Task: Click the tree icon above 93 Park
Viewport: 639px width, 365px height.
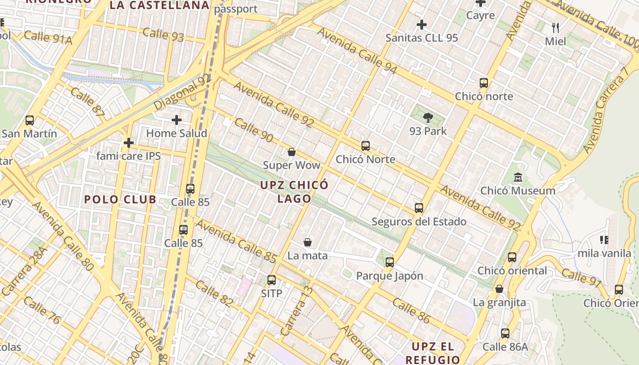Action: tap(428, 118)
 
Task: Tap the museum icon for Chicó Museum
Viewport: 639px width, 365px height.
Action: tap(518, 177)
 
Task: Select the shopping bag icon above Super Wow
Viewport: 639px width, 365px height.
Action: tap(292, 152)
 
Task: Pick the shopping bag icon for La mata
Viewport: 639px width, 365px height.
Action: tap(308, 242)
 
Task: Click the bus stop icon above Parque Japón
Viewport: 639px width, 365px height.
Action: tap(389, 262)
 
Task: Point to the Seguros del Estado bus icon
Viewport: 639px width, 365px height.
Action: tap(419, 209)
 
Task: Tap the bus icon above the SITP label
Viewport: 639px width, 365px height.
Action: tap(272, 280)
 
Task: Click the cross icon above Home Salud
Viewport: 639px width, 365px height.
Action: tap(177, 120)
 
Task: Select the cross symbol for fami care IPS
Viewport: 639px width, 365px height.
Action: tap(129, 143)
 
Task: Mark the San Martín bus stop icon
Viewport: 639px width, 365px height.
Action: tap(30, 120)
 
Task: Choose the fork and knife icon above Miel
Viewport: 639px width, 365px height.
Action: tap(555, 28)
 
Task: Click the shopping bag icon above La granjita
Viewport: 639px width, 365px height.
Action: tap(499, 289)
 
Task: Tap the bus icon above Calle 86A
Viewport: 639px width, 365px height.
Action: tap(505, 334)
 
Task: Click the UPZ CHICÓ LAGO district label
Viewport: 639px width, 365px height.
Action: tap(294, 192)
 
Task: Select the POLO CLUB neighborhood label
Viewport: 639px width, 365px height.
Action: tap(120, 199)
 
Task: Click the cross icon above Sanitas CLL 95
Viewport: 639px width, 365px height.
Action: tap(422, 24)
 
